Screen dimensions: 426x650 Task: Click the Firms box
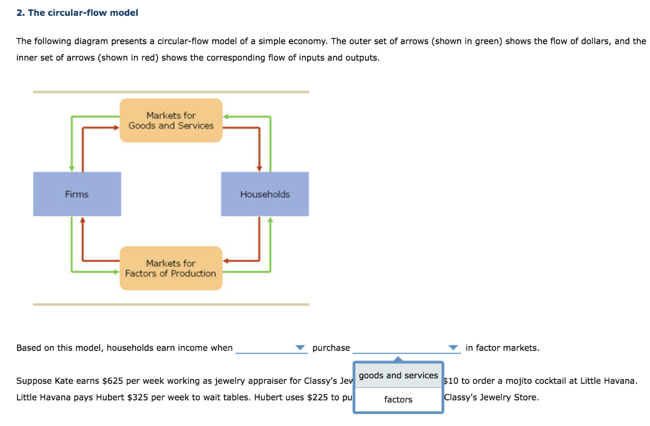tap(77, 194)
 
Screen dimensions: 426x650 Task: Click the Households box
tap(265, 194)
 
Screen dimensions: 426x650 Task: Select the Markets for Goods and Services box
tap(171, 120)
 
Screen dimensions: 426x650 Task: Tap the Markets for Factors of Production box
tap(171, 268)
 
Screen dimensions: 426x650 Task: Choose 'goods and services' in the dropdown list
tap(398, 376)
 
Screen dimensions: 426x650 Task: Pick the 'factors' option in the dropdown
tap(398, 399)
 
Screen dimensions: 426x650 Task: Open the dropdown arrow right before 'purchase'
tap(300, 348)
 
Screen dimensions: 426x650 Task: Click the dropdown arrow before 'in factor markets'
tap(453, 348)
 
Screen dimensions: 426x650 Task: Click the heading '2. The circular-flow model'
tap(77, 13)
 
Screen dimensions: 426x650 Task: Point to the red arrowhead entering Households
tap(260, 168)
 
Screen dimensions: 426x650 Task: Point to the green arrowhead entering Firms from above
tap(72, 168)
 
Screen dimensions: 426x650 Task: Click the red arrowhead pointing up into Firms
tap(82, 221)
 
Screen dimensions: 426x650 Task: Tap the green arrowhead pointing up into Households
tap(270, 221)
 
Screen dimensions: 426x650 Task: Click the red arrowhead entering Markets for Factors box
tap(226, 261)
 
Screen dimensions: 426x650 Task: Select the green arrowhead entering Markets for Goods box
tap(226, 116)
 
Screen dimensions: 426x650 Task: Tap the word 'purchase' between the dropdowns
tap(331, 348)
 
